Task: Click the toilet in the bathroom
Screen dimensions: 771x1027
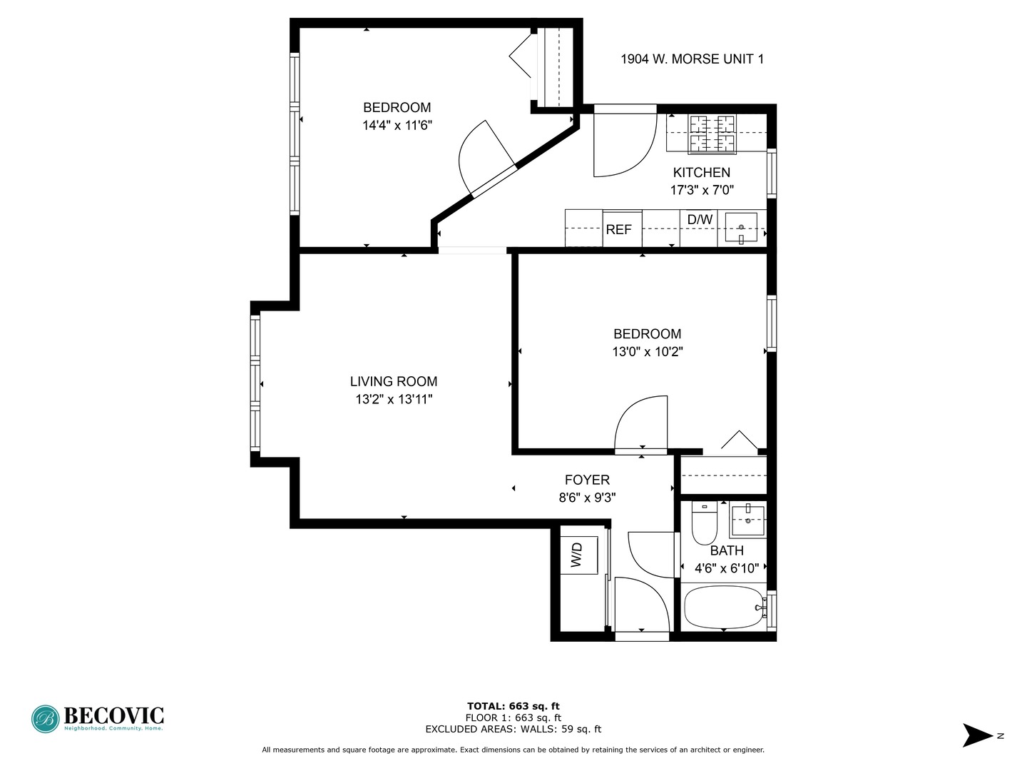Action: [x=705, y=527]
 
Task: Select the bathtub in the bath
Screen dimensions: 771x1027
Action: [x=723, y=608]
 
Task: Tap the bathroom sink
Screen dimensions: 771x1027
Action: [x=747, y=520]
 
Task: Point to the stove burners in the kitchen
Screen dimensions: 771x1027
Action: [x=712, y=133]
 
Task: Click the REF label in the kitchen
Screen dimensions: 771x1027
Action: [x=618, y=230]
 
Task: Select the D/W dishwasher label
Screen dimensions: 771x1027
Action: [x=700, y=220]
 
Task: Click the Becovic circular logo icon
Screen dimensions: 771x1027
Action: [x=45, y=719]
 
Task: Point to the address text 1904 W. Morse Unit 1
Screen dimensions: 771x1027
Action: [x=692, y=59]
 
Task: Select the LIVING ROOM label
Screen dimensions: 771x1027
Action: [x=394, y=382]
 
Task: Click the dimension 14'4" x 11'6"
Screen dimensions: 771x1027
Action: [x=397, y=126]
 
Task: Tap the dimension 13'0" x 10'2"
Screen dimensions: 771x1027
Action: [x=648, y=352]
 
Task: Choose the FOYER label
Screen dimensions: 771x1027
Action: [x=587, y=480]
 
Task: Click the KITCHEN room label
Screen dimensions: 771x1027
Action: [x=702, y=173]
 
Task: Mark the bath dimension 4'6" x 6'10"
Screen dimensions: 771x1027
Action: [x=727, y=569]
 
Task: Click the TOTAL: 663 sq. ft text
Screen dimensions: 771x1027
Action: [x=513, y=707]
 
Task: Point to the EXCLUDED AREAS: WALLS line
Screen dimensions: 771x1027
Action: [x=513, y=730]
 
